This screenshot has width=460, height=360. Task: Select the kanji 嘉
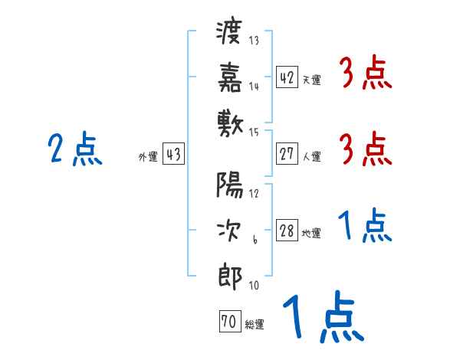pos(230,77)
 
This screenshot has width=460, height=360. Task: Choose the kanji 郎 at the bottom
pos(230,274)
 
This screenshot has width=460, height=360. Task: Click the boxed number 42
pos(287,77)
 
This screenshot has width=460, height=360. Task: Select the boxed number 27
pos(287,154)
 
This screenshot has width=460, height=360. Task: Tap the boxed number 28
pos(287,231)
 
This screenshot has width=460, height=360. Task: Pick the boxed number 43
pos(173,154)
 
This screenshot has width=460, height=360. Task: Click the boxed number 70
pos(228,322)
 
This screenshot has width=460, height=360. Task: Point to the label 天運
pos(311,80)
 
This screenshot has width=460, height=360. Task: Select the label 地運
pos(311,234)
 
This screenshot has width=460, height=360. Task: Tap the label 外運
pos(147,157)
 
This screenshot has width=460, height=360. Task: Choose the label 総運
pos(254,325)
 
